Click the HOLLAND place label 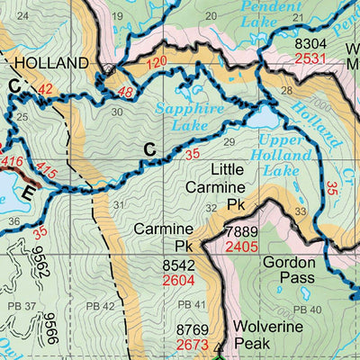(x=50, y=63)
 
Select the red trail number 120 (x=157, y=62)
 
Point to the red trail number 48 (x=125, y=93)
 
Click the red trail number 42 (x=46, y=88)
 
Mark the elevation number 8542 (x=180, y=265)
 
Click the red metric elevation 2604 (x=180, y=280)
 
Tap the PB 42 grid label (x=103, y=306)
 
